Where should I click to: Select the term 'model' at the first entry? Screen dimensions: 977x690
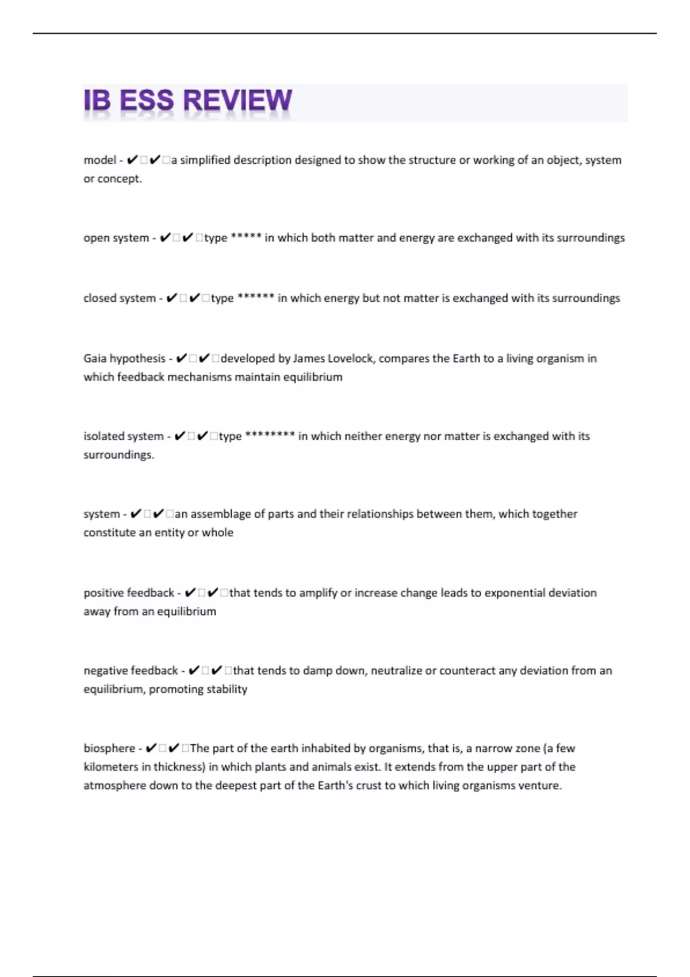(x=99, y=160)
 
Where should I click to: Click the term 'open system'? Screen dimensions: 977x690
(x=116, y=238)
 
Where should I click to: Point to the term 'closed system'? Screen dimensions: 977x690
(x=119, y=298)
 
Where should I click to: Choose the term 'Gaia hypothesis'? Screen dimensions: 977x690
(x=124, y=359)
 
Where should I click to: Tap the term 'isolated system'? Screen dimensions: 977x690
(x=123, y=436)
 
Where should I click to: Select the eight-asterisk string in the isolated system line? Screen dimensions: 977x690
(x=270, y=435)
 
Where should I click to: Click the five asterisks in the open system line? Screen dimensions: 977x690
(x=246, y=237)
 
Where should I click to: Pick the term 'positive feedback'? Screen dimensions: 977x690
(x=129, y=593)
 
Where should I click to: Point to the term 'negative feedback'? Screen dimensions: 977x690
(x=131, y=671)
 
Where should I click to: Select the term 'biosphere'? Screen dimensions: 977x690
(x=109, y=748)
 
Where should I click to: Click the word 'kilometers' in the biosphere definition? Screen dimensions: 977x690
(x=109, y=767)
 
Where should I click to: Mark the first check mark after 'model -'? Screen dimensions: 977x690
(x=132, y=160)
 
